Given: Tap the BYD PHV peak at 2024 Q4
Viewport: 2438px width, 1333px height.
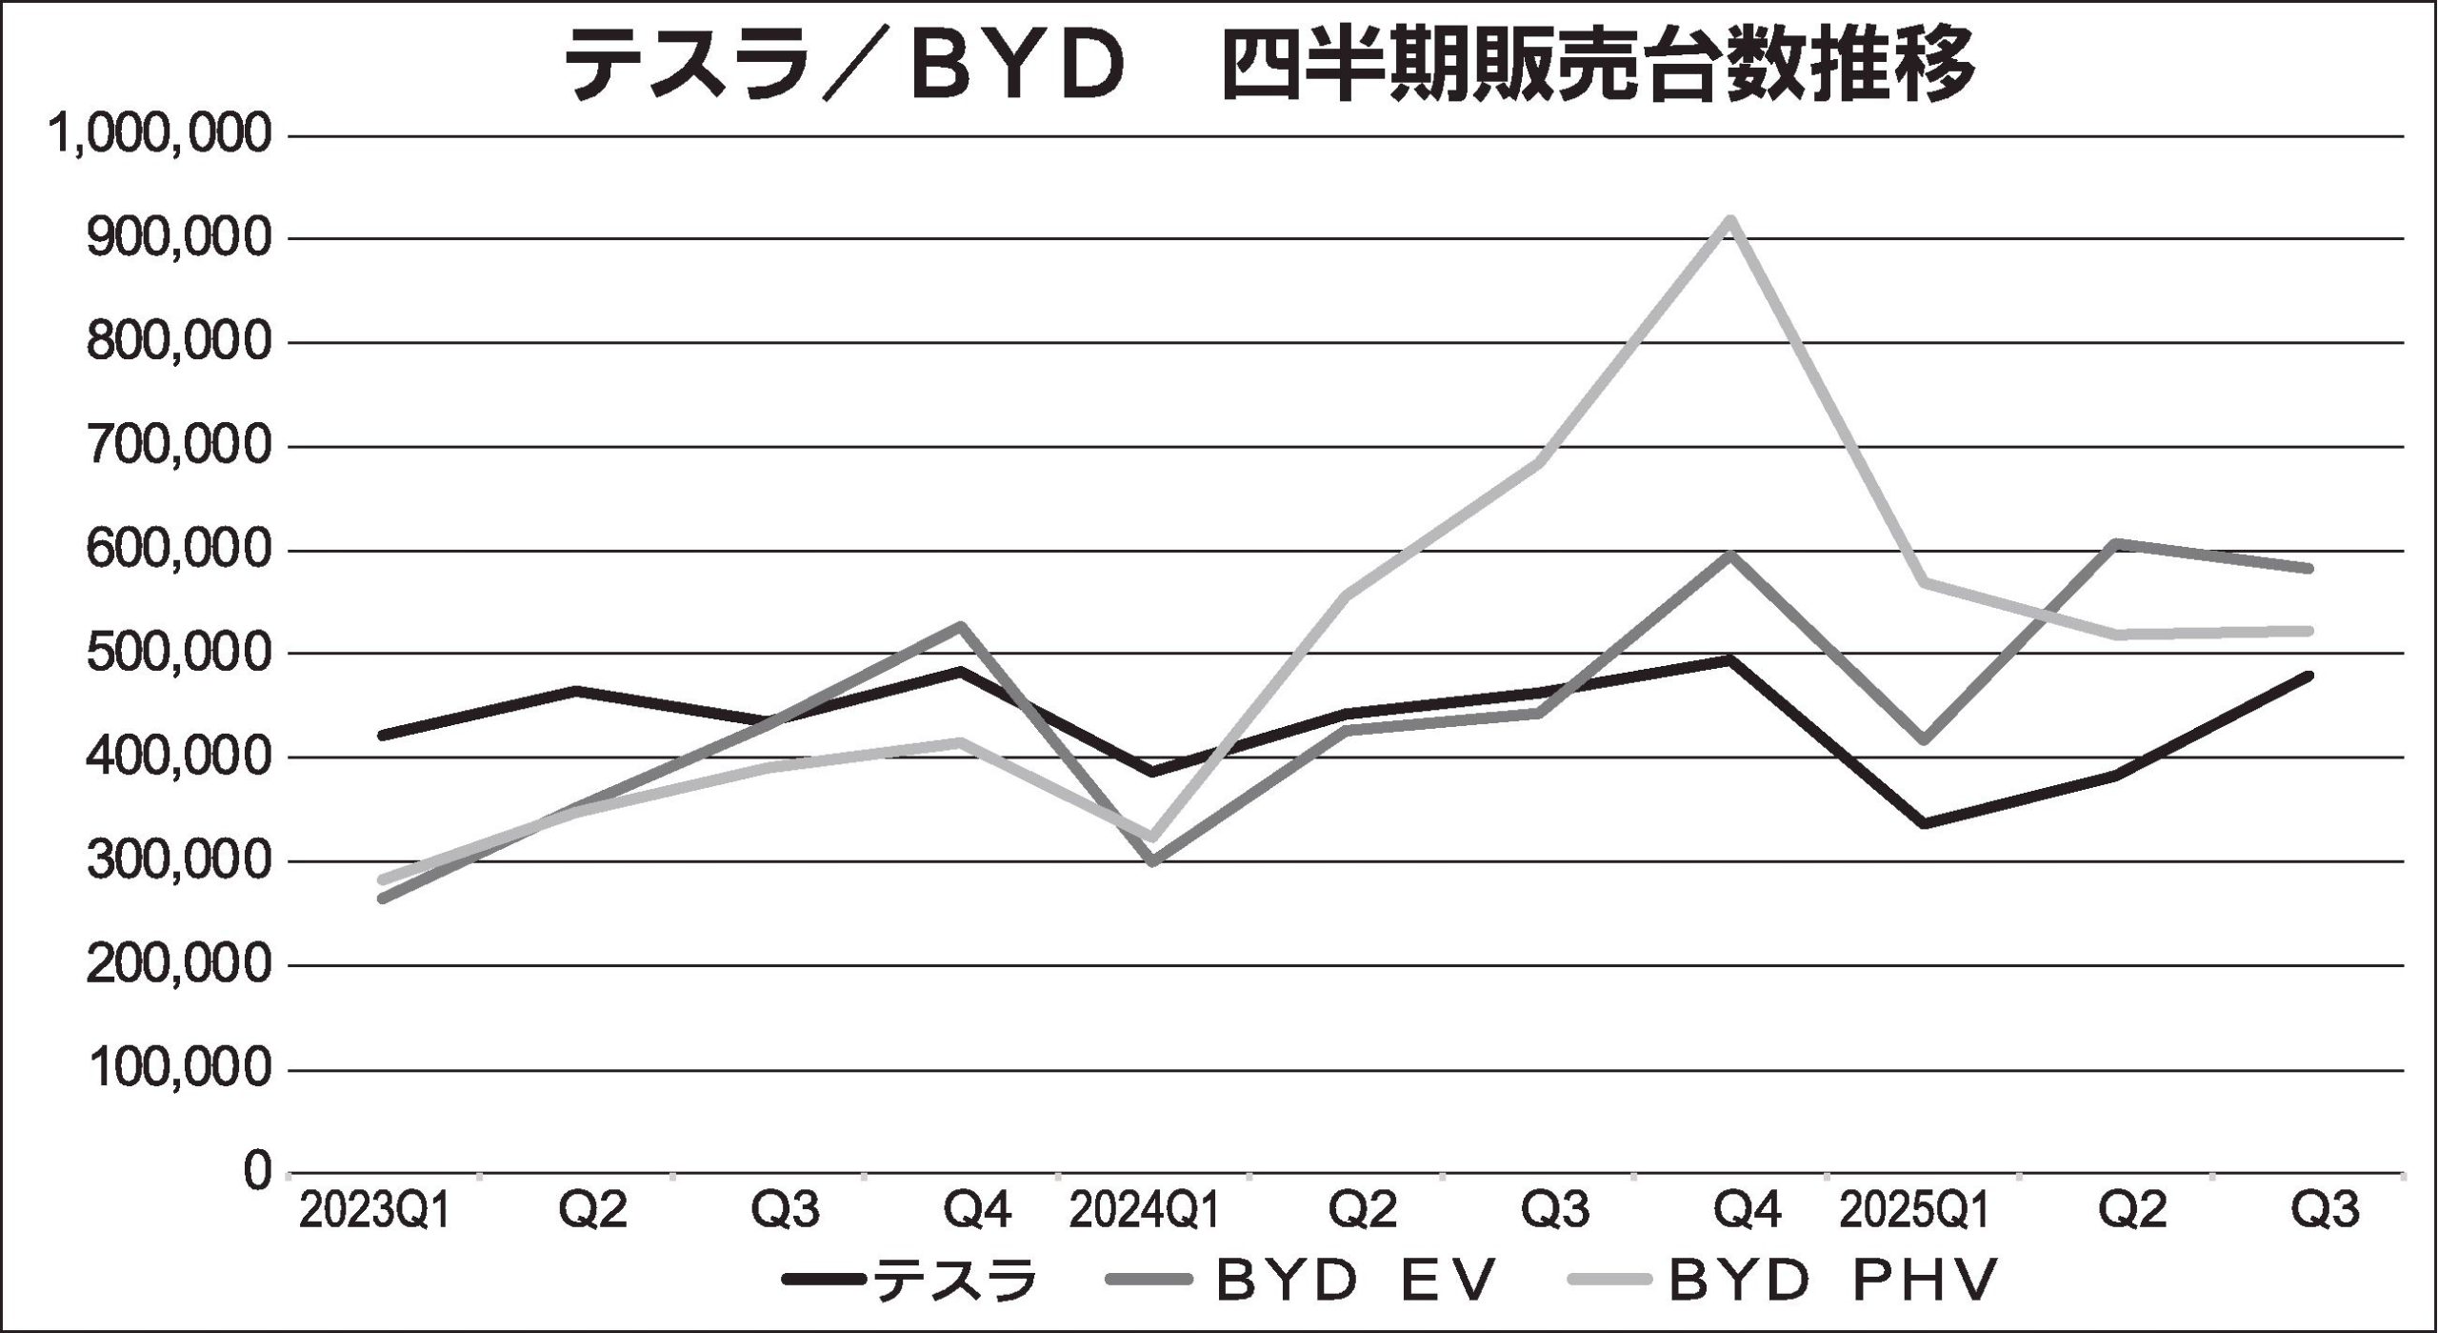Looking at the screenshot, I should (x=1729, y=220).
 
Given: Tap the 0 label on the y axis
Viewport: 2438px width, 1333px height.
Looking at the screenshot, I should (x=254, y=1172).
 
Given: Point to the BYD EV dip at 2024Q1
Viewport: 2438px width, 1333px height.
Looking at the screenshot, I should (x=1152, y=860).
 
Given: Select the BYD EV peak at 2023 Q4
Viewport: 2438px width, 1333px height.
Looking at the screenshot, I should (x=961, y=626).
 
